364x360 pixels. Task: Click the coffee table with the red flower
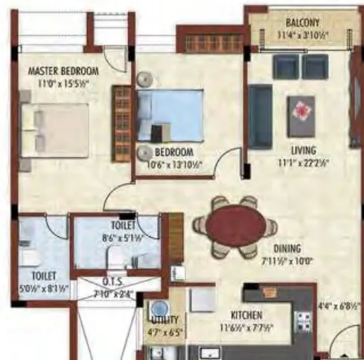(301, 113)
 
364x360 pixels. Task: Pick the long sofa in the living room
(259, 116)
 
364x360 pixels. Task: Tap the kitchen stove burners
(303, 321)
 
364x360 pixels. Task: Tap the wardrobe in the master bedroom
(119, 123)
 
